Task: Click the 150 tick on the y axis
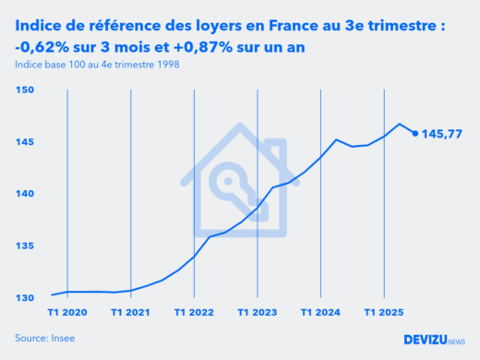coord(25,90)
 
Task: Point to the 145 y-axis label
coord(25,141)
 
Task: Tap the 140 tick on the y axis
coord(25,194)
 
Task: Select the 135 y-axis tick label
coord(25,246)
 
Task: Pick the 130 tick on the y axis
coord(25,297)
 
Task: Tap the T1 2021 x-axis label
coord(131,313)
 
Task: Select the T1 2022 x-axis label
coord(194,313)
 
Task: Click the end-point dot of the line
coord(414,133)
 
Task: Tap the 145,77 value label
coord(442,134)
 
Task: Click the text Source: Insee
coord(44,339)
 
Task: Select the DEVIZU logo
coord(434,339)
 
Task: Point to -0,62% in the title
coord(41,46)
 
